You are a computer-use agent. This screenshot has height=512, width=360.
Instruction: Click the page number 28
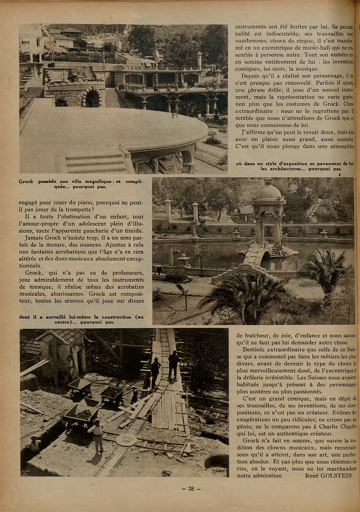191,489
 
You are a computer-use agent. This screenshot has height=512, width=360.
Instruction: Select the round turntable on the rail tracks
127,440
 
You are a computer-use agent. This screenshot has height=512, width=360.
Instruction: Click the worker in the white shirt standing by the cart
97,435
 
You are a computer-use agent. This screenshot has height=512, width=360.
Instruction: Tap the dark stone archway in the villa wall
92,98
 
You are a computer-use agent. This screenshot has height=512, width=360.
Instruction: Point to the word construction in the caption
112,317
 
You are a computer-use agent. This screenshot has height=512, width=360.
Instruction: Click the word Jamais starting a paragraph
34,238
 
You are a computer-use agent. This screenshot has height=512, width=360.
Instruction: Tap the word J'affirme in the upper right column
255,132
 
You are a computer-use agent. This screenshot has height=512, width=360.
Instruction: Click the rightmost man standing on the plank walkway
174,363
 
